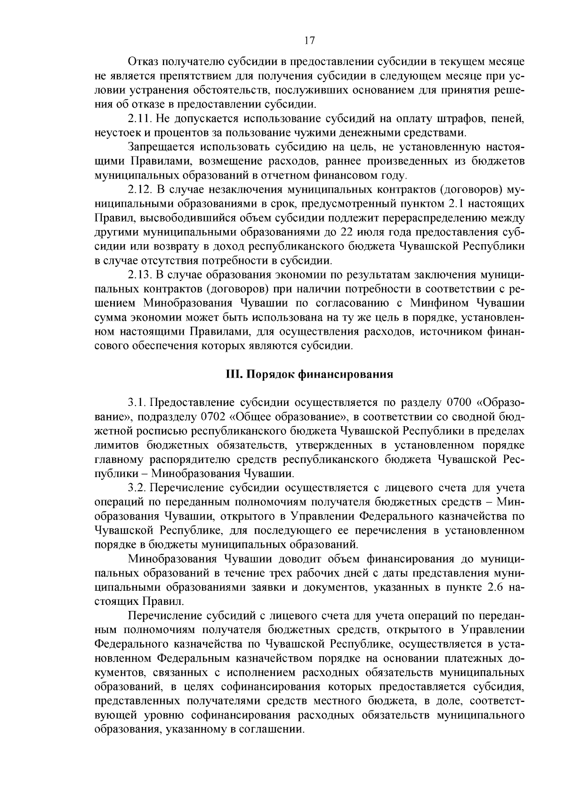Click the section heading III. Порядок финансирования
pyautogui.click(x=310, y=375)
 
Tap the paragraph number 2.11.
pyautogui.click(x=139, y=117)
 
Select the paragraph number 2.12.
pyautogui.click(x=139, y=190)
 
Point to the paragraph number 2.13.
pyautogui.click(x=139, y=275)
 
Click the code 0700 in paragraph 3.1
pyautogui.click(x=459, y=404)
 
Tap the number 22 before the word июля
pyautogui.click(x=341, y=232)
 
